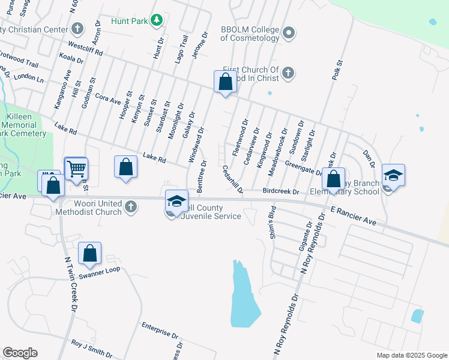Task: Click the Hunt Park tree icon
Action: click(157, 21)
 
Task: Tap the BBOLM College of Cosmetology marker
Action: click(289, 32)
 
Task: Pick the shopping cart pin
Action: click(76, 169)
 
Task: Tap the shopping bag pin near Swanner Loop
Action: click(89, 254)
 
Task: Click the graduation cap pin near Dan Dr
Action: click(393, 175)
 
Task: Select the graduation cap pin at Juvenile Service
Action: click(176, 202)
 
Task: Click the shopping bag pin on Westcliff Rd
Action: click(225, 82)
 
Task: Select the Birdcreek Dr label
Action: click(281, 191)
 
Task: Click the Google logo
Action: click(20, 353)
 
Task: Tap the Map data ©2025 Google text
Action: click(411, 355)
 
